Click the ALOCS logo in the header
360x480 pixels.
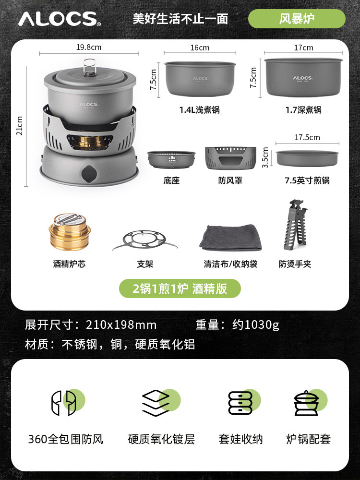(60, 19)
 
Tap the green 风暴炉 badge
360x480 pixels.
(297, 19)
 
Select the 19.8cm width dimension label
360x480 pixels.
(89, 47)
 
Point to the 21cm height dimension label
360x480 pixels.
(19, 126)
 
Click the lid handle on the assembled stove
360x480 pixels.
(90, 67)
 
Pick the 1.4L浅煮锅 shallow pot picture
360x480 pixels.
(200, 79)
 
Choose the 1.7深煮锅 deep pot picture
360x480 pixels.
(304, 77)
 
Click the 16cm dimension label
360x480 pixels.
(200, 48)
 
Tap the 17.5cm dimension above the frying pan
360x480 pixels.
(307, 137)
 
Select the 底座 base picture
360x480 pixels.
(171, 159)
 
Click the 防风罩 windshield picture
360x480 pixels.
(230, 158)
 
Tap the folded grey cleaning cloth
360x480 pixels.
(231, 238)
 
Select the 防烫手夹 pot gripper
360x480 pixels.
(293, 225)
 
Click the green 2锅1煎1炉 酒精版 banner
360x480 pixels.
(180, 288)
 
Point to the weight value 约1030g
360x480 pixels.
(256, 325)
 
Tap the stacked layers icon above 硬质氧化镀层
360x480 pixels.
(161, 403)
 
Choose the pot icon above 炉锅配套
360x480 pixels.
(310, 402)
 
